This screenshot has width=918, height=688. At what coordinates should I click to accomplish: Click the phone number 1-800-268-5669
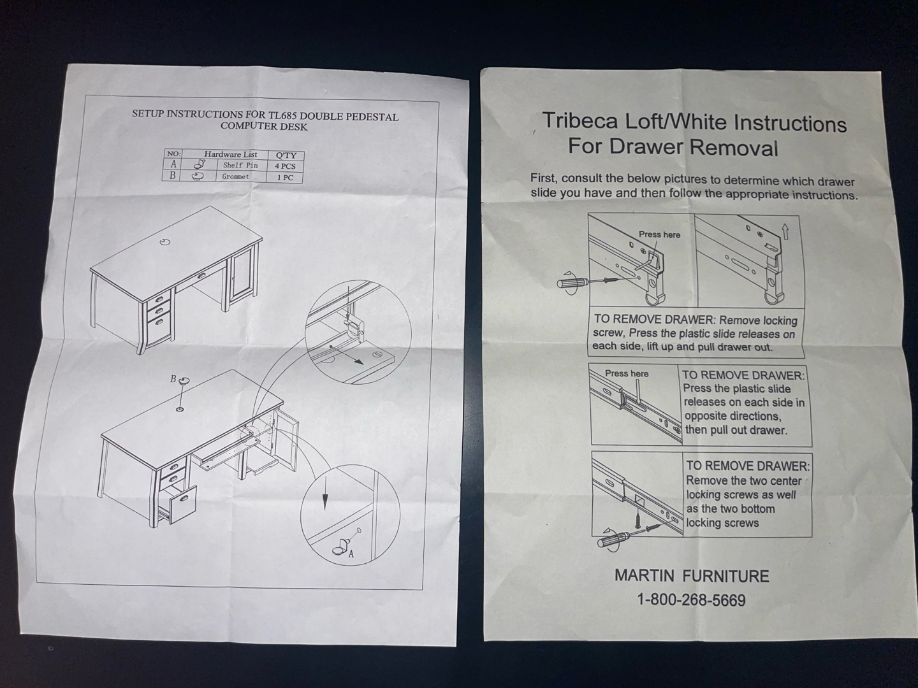point(691,600)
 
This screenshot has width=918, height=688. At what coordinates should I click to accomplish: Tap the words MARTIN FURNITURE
point(692,576)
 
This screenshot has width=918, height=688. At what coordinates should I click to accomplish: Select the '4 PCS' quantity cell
point(285,166)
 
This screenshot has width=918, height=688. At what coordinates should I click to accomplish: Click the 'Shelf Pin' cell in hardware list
point(240,166)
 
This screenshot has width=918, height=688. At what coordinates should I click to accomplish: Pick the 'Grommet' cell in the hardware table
point(235,176)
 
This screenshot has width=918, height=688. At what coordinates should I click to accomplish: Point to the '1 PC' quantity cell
point(285,177)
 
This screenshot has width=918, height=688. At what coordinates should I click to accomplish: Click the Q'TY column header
point(286,155)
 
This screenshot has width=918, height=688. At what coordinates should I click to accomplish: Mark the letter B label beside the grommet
point(173,379)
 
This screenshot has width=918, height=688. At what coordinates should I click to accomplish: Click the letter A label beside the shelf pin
point(351,554)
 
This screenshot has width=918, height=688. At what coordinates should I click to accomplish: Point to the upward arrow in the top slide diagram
point(785,232)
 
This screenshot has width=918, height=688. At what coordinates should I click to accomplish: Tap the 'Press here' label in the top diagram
point(659,235)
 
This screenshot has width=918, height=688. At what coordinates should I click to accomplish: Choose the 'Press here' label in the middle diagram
point(627,373)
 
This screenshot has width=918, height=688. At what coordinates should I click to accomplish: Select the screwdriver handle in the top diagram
point(572,282)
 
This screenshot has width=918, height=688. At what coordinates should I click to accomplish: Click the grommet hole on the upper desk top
point(166,242)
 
